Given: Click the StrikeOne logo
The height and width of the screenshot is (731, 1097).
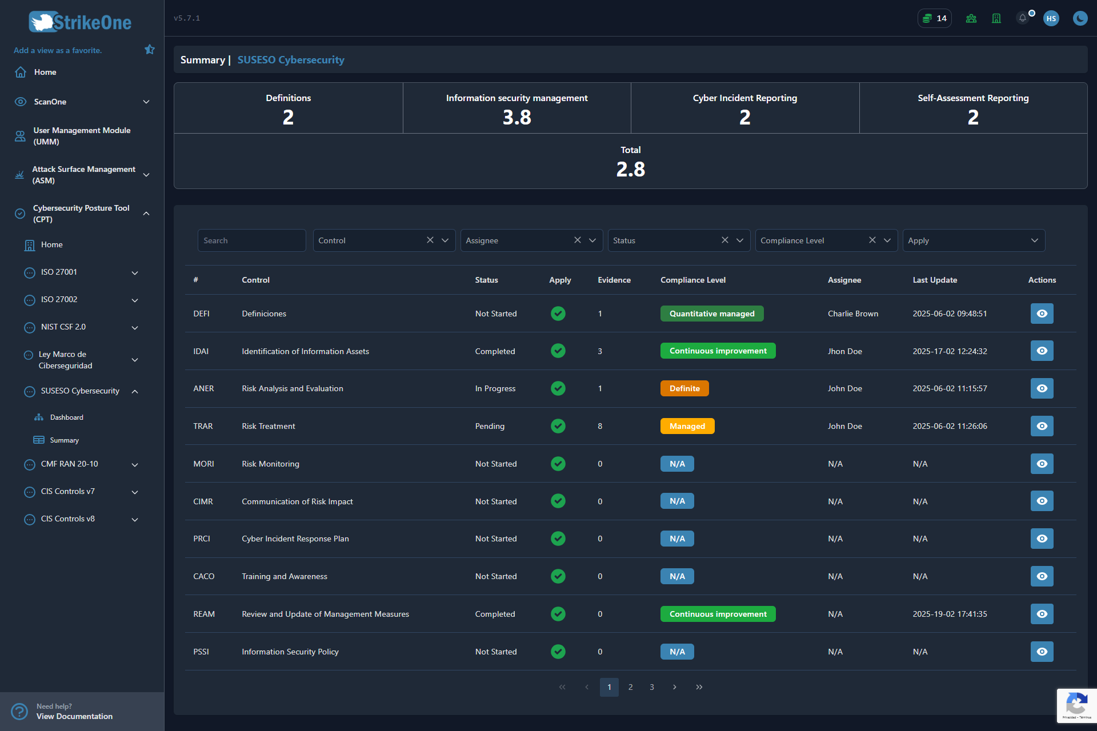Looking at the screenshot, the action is coord(80,22).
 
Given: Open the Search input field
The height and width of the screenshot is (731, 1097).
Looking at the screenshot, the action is coord(251,240).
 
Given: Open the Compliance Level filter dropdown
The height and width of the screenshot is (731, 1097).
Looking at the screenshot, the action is coord(826,240).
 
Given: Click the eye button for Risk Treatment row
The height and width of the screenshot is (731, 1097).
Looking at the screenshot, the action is coord(1042,426).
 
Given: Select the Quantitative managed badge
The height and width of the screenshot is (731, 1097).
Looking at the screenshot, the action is coord(712,314).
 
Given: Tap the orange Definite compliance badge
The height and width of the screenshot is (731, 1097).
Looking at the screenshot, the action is coord(684,388).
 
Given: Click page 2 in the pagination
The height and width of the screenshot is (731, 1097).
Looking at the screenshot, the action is coord(630,687).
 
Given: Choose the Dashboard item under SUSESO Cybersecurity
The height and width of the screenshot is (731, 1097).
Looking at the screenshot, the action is coord(66,417).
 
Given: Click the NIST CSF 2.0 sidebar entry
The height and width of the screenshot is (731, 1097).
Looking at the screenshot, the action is coord(63,327).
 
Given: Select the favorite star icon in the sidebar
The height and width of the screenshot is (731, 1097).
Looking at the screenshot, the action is coord(150,50).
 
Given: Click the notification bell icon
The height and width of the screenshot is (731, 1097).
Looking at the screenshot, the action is coord(1022,18).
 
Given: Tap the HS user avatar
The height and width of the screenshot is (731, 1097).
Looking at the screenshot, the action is coord(1051,18).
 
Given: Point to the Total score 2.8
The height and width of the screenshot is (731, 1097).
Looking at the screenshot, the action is coord(630,169).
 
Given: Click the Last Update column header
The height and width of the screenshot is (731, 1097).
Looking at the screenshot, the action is coord(935,280).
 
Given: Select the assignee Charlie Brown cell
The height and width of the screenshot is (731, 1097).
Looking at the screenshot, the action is coord(853,314).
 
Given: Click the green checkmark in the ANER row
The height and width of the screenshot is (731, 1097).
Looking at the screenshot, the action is coord(558,388).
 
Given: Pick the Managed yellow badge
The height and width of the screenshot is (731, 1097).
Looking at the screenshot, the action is coord(687,426).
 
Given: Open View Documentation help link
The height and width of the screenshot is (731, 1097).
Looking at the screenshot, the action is coord(74,716).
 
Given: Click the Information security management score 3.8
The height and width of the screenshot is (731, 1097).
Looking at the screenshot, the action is coord(517,117).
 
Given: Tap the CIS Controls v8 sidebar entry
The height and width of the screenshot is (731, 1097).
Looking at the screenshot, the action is coord(67,519).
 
